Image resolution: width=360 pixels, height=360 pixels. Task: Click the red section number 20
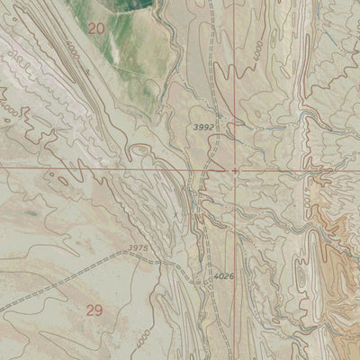[x=96, y=30]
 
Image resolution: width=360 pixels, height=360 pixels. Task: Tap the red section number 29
[x=94, y=310]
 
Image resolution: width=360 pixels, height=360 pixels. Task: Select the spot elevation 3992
[x=203, y=128]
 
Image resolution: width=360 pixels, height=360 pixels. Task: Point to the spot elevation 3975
[x=138, y=247]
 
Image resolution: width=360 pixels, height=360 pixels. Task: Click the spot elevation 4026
[x=224, y=276]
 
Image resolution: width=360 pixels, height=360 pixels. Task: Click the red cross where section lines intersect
[x=236, y=169]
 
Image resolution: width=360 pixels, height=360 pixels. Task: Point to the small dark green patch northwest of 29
[x=31, y=213]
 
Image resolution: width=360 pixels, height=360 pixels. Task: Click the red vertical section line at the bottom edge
[x=239, y=356]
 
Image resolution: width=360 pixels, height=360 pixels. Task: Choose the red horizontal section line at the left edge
[x=4, y=167]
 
